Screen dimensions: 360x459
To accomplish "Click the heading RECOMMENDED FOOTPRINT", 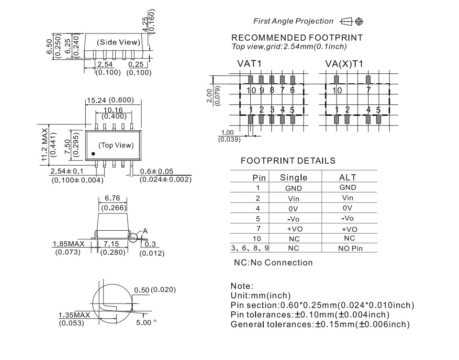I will point(297,38).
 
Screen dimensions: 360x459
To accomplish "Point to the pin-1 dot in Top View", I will point(93,154).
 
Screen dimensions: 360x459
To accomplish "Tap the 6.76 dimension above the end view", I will point(113,199).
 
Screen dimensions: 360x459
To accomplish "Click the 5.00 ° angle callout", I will point(146,322).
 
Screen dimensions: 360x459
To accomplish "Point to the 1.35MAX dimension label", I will point(74,315).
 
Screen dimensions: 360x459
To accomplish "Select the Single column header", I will point(293,178).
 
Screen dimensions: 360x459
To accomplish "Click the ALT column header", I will point(347,178).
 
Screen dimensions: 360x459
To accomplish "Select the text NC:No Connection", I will point(273,262).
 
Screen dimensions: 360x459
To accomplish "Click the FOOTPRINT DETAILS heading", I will point(288,161).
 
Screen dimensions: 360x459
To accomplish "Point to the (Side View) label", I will point(119,42).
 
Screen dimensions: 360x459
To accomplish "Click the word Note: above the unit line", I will point(242,286).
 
